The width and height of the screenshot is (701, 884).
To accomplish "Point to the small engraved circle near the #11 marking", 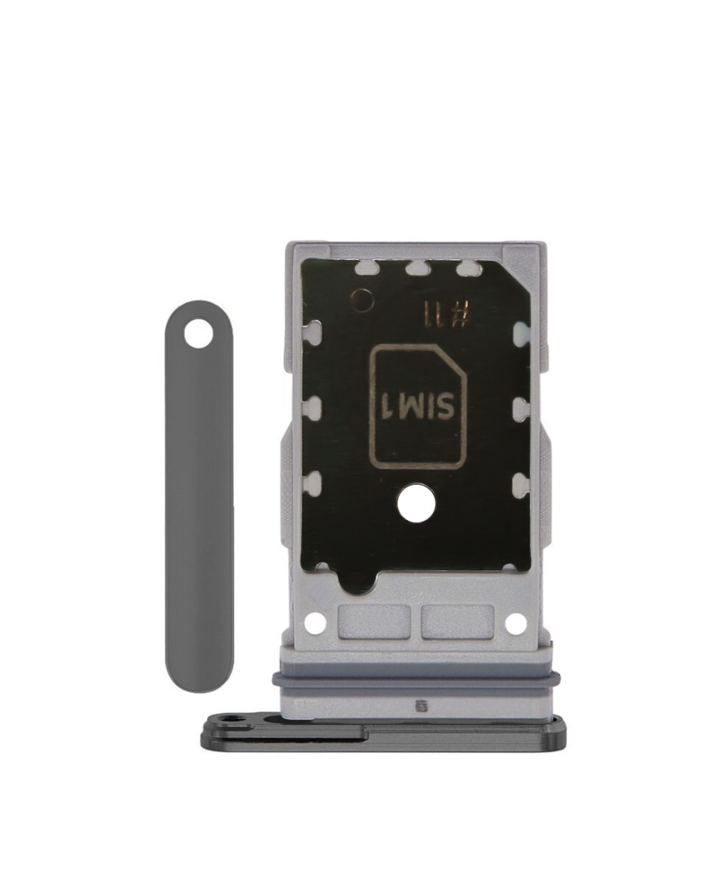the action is click(x=364, y=298).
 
